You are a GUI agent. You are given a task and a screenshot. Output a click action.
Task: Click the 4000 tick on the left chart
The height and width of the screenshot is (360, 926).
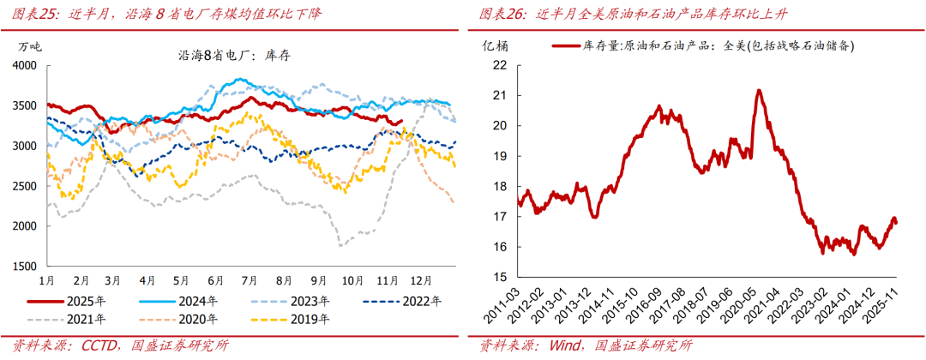tap(25, 65)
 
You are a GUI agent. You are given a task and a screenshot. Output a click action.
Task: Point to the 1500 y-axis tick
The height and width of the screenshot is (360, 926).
tap(25, 267)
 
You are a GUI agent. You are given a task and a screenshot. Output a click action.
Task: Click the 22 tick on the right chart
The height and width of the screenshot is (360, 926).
tap(500, 65)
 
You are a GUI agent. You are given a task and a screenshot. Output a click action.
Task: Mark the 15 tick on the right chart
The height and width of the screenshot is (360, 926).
tap(500, 277)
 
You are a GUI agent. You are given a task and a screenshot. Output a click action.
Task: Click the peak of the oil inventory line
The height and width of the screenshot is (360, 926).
tap(759, 90)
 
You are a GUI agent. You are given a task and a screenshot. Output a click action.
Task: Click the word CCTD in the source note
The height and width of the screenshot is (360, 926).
tap(93, 345)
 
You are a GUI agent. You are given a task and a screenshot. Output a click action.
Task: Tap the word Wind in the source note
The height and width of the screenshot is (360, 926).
tap(558, 345)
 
